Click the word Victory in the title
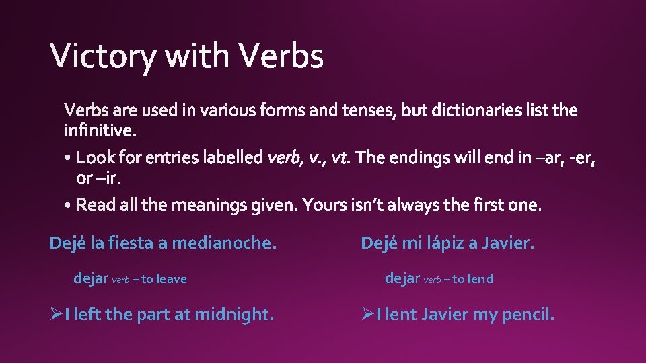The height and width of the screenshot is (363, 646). click(103, 56)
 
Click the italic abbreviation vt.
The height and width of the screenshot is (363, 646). click(340, 159)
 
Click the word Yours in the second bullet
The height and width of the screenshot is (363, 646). click(324, 204)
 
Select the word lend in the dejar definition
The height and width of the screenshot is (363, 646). click(480, 278)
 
